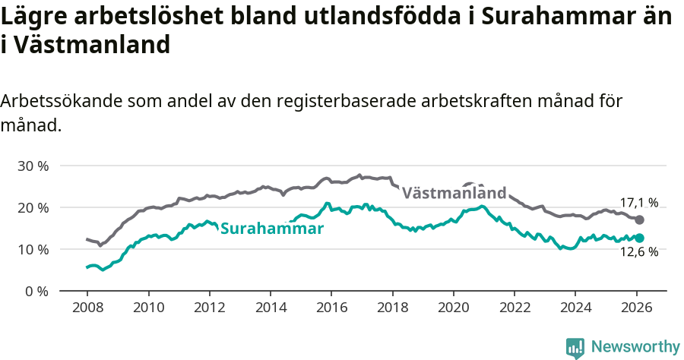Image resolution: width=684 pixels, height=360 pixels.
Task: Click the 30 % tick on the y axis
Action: point(33,166)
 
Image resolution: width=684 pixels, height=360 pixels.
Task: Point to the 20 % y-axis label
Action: point(33,207)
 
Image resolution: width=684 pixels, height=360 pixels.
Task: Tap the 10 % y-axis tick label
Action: point(33,249)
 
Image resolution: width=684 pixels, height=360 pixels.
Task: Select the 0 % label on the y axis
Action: point(37,291)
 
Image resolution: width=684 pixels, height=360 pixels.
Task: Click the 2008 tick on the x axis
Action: point(87,309)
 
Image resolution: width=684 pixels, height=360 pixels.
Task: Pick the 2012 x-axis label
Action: point(209,309)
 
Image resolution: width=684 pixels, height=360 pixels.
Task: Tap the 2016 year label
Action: point(331,309)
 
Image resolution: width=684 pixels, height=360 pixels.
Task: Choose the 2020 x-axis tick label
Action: point(453,309)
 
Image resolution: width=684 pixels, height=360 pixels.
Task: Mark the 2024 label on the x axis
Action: point(575,309)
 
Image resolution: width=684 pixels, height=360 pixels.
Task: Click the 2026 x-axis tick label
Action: point(636,309)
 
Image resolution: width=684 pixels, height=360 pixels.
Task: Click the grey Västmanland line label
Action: point(454,193)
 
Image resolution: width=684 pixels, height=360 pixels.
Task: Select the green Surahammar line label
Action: point(272,228)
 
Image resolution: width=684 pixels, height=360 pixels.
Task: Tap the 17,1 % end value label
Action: point(639,203)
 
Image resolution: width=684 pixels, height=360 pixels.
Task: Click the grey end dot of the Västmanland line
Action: point(640,219)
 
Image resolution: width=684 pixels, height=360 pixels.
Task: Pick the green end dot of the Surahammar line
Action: point(640,238)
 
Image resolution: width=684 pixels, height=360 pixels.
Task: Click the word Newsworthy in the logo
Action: point(635,347)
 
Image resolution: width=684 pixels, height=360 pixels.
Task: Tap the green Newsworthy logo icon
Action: point(575,348)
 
